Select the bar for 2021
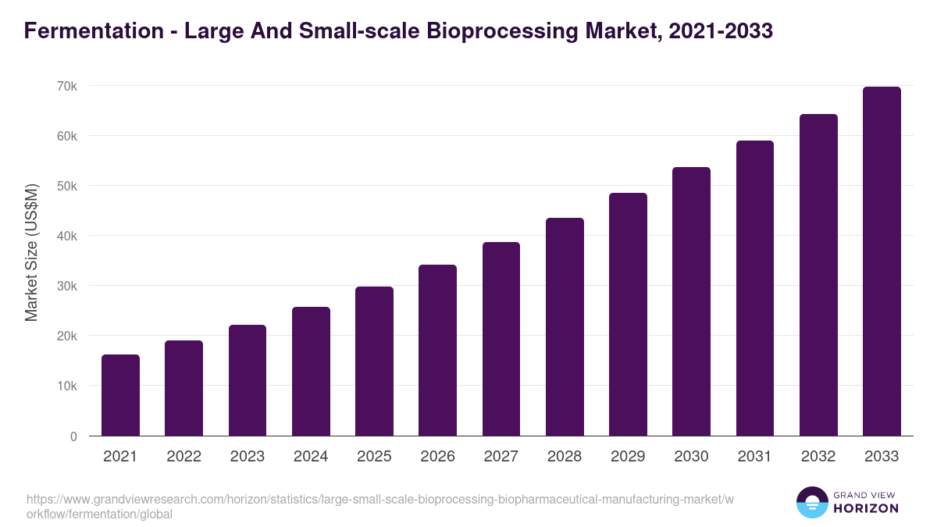120,396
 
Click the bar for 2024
311,372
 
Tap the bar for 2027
501,339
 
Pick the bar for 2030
692,301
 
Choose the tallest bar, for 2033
882,262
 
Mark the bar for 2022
183,389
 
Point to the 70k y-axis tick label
66,86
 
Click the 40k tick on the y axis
66,236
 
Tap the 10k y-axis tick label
66,386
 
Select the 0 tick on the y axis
73,436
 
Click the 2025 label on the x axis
374,457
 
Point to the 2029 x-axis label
628,457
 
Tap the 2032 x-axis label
818,457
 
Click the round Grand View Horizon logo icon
811,502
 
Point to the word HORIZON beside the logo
865,508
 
